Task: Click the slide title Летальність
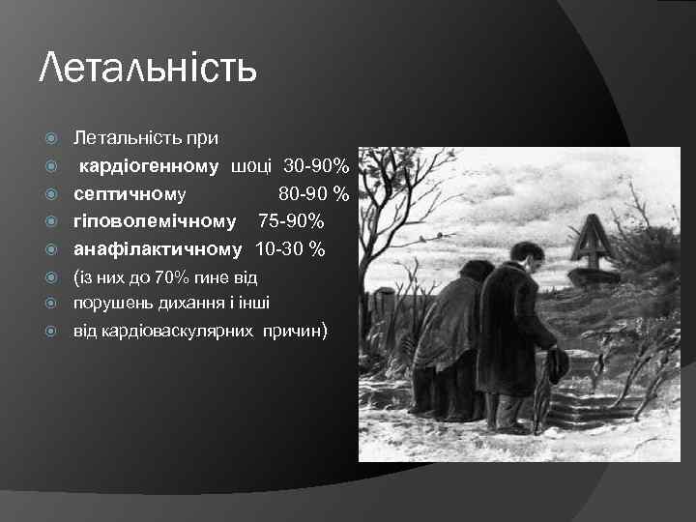coord(148,70)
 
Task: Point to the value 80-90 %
coord(313,194)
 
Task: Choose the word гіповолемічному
coord(155,221)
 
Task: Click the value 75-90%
coord(290,221)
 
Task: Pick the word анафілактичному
coord(158,249)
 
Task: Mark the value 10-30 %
coord(289,249)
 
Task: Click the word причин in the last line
coord(295,332)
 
